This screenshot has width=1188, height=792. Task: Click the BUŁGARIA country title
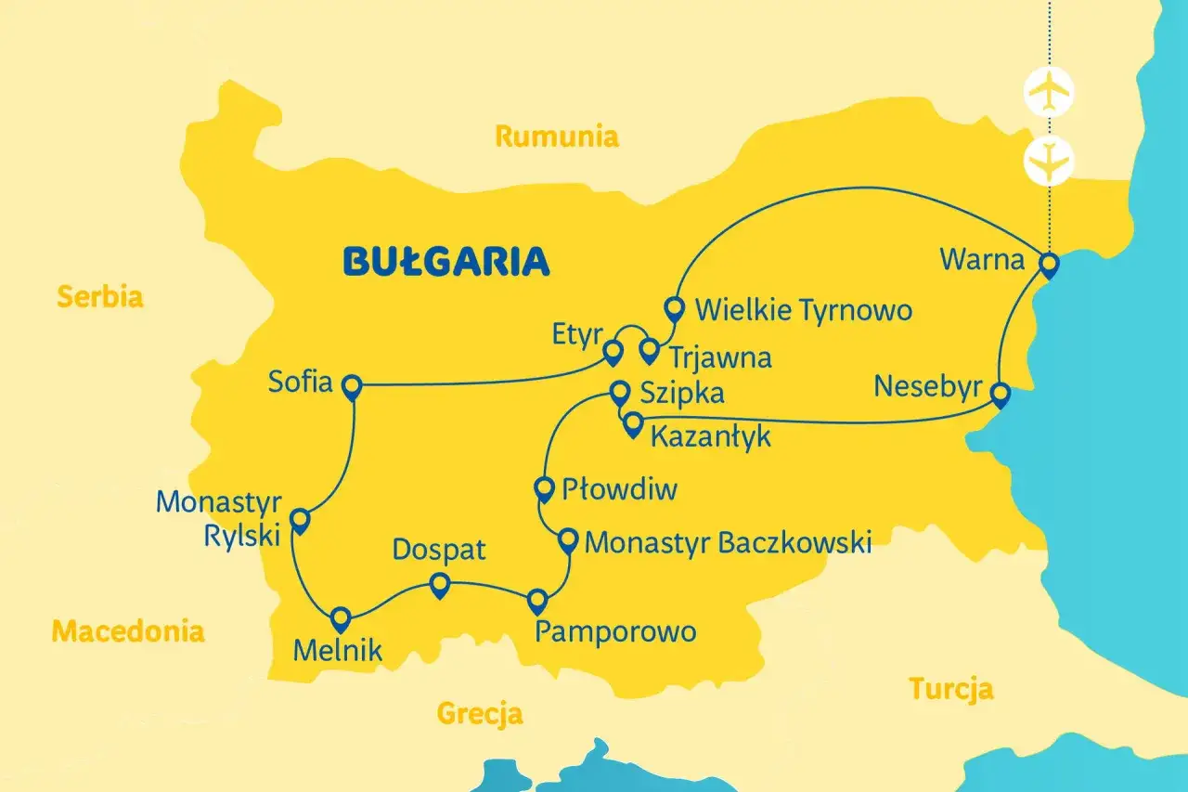click(x=446, y=262)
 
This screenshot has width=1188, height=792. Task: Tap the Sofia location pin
click(x=352, y=386)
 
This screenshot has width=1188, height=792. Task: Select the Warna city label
click(x=982, y=259)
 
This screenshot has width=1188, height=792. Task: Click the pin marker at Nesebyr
click(x=999, y=395)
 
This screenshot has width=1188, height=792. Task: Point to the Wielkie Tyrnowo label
click(x=803, y=309)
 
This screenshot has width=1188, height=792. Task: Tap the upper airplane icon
click(x=1049, y=90)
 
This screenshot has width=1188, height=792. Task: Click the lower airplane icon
click(x=1049, y=159)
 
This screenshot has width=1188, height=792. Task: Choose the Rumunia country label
click(x=557, y=136)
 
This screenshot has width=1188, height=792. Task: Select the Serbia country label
click(x=100, y=297)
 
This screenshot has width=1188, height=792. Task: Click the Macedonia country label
click(x=127, y=631)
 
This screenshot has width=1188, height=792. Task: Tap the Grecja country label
click(x=480, y=714)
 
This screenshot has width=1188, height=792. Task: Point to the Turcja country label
click(x=950, y=689)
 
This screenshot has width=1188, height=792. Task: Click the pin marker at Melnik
click(x=341, y=618)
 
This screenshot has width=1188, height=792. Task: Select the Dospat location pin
click(x=440, y=584)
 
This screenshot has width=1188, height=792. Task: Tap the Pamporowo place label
click(x=615, y=632)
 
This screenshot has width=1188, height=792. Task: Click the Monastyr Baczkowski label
click(x=729, y=541)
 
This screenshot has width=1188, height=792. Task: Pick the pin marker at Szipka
click(x=619, y=392)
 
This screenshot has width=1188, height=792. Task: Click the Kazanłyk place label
click(x=710, y=435)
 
